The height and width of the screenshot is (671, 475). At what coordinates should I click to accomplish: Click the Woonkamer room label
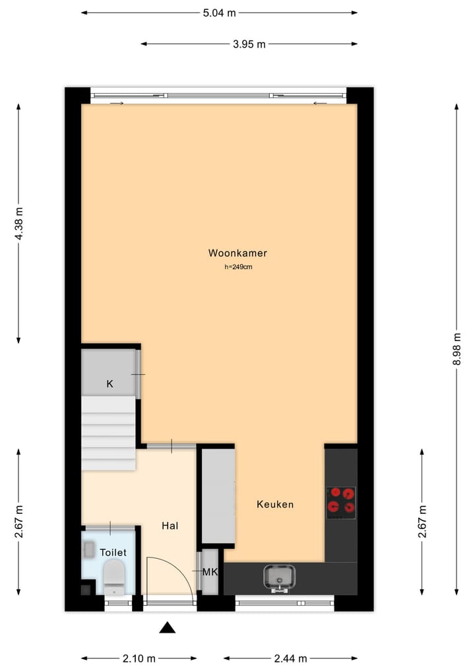(x=237, y=253)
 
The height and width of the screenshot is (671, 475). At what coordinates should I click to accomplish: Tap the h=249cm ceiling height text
(x=238, y=267)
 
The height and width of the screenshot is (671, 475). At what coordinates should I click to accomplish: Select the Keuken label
(x=275, y=504)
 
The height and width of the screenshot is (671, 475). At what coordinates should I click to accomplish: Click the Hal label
(x=170, y=526)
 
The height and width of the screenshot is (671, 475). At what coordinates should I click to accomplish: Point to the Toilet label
(x=113, y=552)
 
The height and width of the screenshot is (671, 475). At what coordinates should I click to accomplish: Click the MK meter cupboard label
(x=210, y=571)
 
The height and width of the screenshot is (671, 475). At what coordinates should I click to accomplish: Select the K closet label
(x=110, y=384)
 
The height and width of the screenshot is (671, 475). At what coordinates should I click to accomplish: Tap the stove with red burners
(x=341, y=501)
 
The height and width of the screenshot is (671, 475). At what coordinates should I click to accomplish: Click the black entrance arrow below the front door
(x=168, y=627)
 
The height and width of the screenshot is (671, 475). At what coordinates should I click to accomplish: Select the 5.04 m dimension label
(x=220, y=13)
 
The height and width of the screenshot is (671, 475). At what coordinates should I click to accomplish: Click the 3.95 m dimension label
(x=249, y=44)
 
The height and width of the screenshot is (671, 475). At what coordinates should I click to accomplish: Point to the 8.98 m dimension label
(x=457, y=349)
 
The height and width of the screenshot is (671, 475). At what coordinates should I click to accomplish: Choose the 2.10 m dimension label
(x=139, y=658)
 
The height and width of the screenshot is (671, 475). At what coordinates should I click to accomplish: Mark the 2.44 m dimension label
(x=291, y=658)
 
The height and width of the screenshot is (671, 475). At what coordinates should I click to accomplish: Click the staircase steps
(x=108, y=432)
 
